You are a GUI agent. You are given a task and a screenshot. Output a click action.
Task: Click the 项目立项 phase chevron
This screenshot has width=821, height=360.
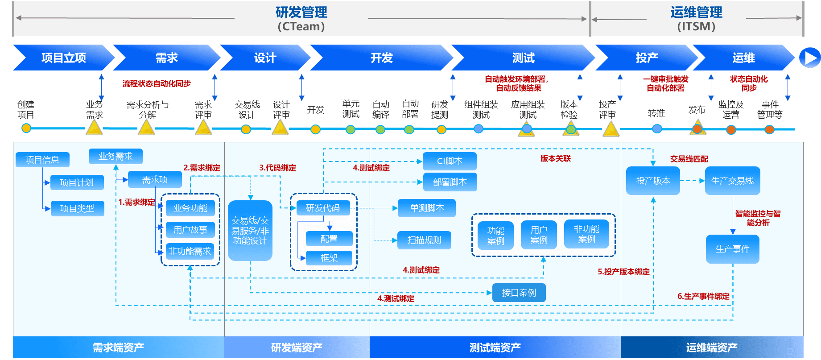pos(63,58)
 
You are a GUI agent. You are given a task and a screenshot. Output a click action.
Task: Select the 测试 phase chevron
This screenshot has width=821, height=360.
pos(523,58)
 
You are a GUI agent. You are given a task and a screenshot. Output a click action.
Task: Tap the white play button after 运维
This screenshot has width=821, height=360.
pos(809,58)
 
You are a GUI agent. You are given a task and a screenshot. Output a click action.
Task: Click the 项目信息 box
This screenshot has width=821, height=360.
pos(42,160)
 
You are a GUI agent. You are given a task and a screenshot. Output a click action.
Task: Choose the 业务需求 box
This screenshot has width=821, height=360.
pos(116,156)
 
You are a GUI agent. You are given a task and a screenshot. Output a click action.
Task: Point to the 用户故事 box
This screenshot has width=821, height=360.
pos(190,230)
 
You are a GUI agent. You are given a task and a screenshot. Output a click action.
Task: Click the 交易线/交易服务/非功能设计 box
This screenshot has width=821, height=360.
pos(250,231)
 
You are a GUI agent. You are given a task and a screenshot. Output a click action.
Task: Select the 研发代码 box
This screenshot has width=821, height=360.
pos(323,208)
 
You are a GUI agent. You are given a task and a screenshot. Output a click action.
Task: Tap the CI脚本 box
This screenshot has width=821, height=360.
pos(450,161)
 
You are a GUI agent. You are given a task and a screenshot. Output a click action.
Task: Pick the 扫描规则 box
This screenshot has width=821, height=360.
pos(424,240)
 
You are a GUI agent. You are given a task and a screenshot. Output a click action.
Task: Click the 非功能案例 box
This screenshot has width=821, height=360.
pos(586,234)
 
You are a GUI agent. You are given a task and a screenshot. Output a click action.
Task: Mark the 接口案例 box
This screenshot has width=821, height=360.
pos(519,293)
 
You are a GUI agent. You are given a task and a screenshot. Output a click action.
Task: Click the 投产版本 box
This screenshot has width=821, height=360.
pos(653,181)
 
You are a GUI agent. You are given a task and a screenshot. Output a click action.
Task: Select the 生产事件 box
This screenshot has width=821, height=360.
pos(732,249)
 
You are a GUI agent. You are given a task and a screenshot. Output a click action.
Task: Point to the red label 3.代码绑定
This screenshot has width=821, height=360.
pos(277,168)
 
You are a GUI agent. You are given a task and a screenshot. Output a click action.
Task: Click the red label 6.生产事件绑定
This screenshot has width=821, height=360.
pos(703,296)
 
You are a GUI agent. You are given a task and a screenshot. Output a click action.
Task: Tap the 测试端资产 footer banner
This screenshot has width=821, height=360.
pos(495,348)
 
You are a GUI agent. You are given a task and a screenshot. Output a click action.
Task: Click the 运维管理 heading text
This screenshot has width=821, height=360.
pos(696,12)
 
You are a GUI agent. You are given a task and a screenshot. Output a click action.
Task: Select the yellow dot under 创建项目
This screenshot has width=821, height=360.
pos(26,128)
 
